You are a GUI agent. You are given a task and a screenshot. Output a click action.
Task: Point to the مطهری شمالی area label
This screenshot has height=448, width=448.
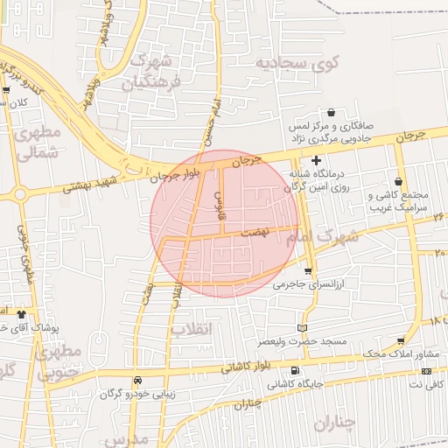(x=38, y=142)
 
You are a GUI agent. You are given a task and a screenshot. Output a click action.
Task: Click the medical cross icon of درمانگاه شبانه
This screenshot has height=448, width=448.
(x=316, y=160)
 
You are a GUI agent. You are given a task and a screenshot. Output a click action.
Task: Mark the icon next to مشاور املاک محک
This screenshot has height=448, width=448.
(x=400, y=341)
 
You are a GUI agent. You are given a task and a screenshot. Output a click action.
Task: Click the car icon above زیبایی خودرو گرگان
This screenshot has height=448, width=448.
(x=137, y=381)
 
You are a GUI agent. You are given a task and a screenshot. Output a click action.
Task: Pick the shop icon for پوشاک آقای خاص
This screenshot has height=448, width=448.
(x=20, y=313)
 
